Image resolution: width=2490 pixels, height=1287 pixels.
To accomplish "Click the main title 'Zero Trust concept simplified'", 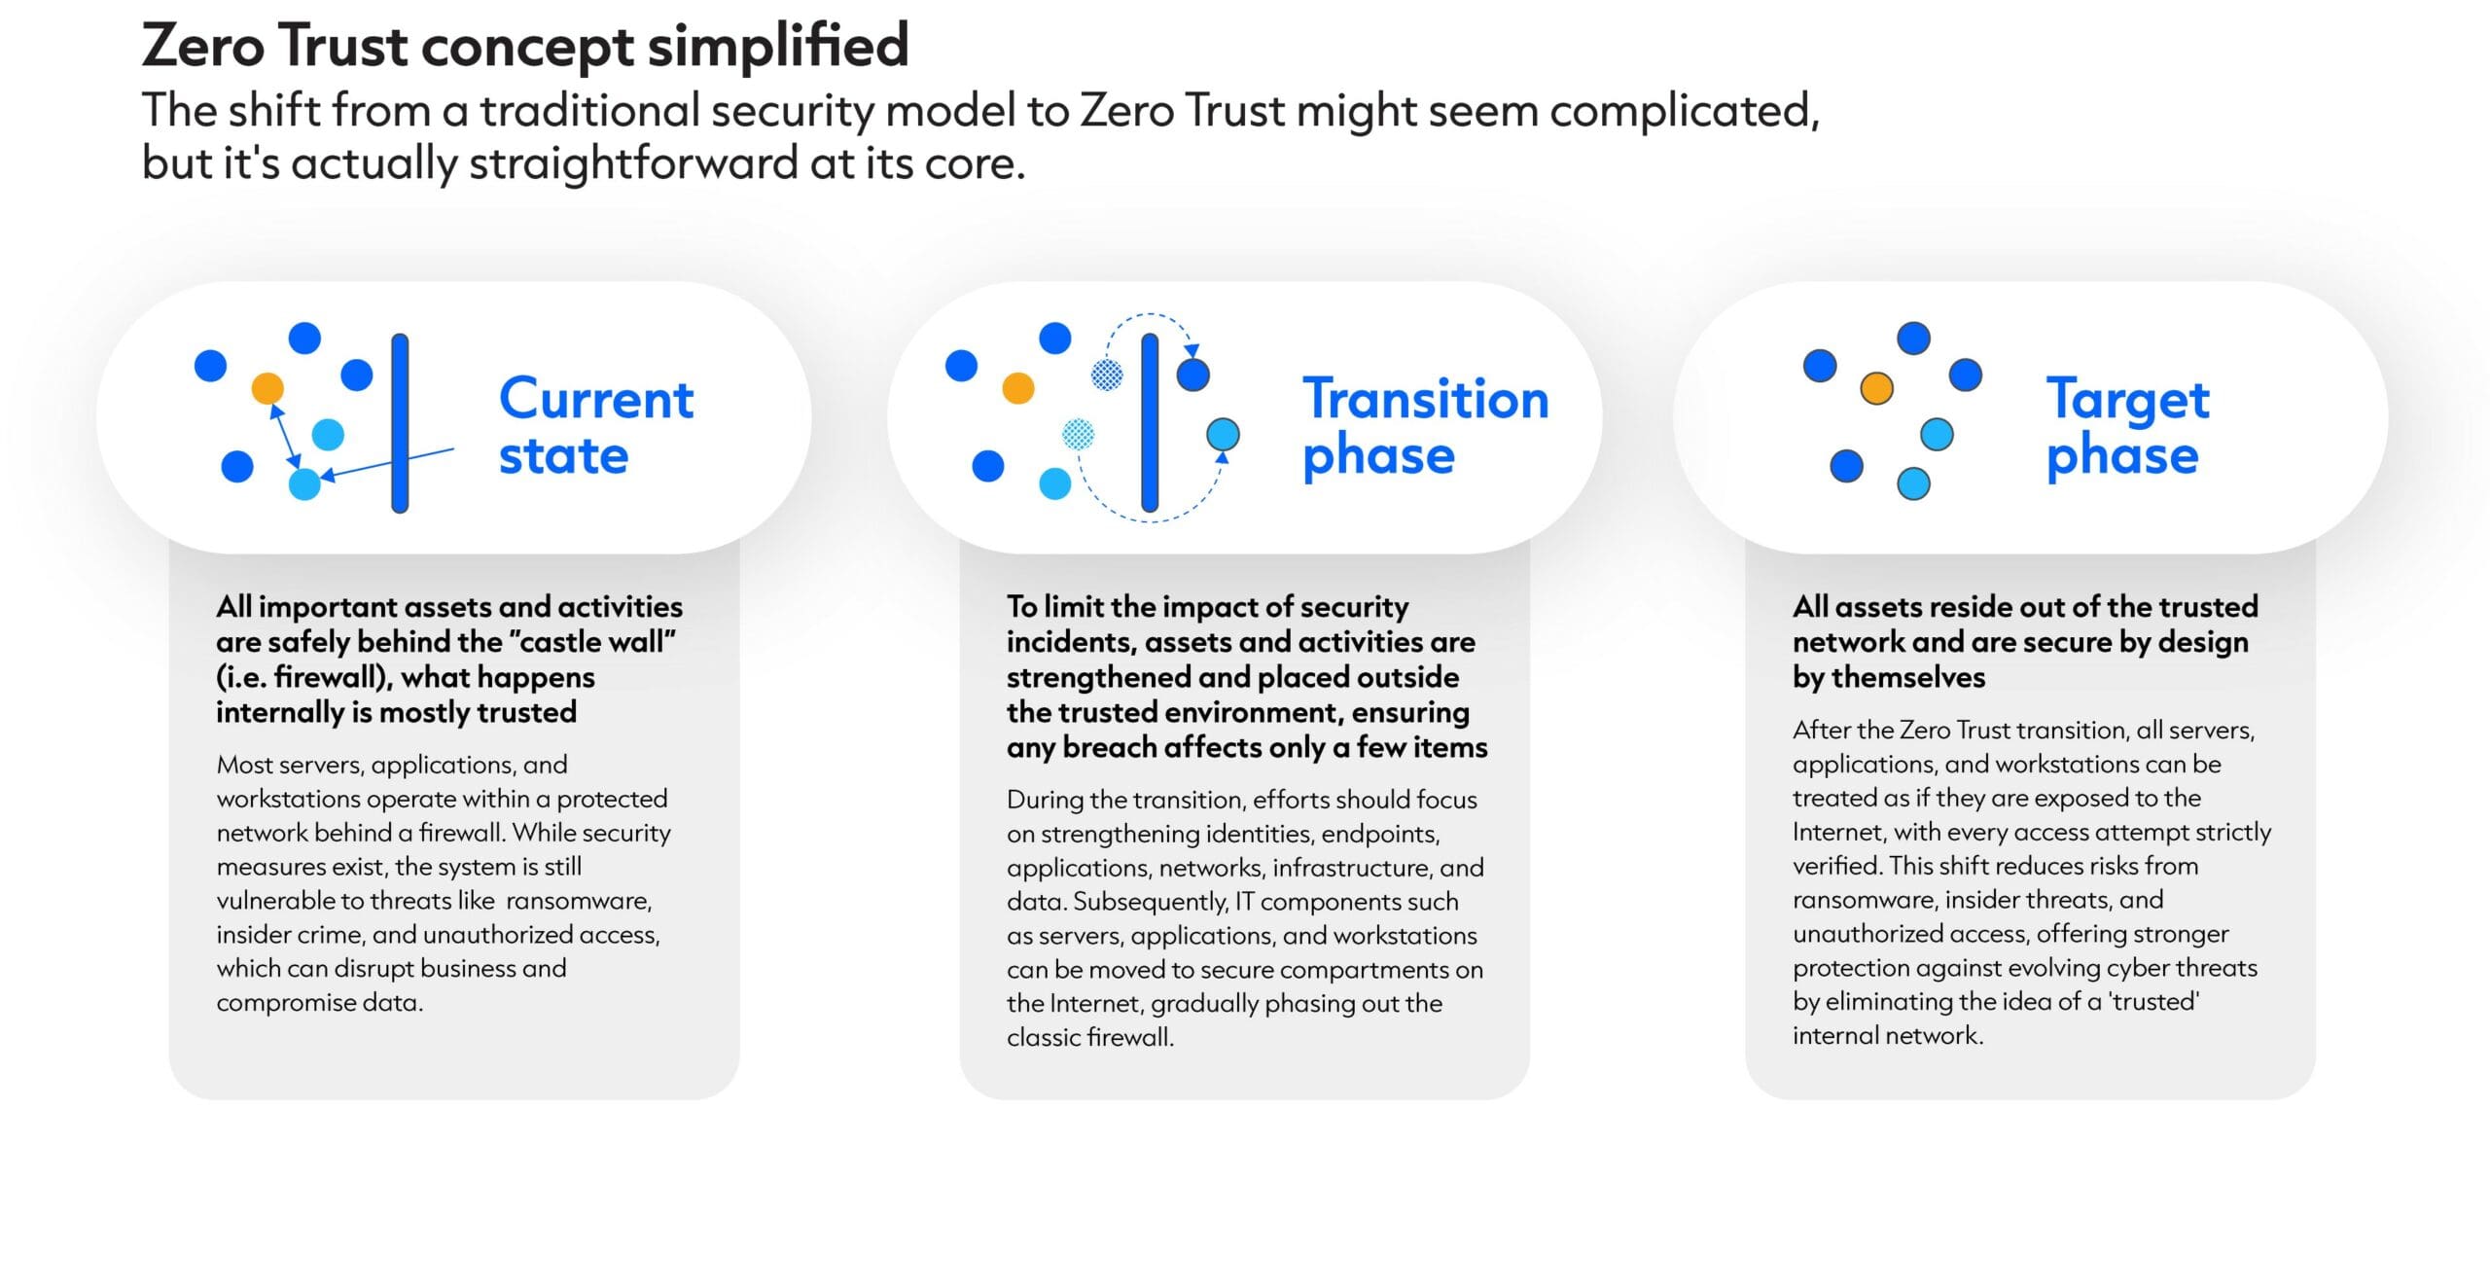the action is point(525,46).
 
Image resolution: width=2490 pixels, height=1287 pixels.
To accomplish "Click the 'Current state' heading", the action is point(596,426).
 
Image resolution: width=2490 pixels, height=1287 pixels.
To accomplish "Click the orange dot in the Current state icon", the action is point(267,388).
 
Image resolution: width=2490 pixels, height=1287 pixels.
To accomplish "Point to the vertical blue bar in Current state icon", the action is point(400,423).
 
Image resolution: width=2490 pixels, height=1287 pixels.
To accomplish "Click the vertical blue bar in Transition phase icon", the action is point(1150,422).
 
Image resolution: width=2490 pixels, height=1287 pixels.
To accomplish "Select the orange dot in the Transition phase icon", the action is point(1017,387).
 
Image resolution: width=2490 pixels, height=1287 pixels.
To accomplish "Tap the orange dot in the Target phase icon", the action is point(1876,388).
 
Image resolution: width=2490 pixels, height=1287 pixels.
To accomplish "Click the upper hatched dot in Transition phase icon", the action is point(1107,375).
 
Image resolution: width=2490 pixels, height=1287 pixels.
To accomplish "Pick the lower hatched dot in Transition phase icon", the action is point(1078,434).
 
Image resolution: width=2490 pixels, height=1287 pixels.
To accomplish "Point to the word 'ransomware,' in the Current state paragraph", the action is point(579,901).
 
